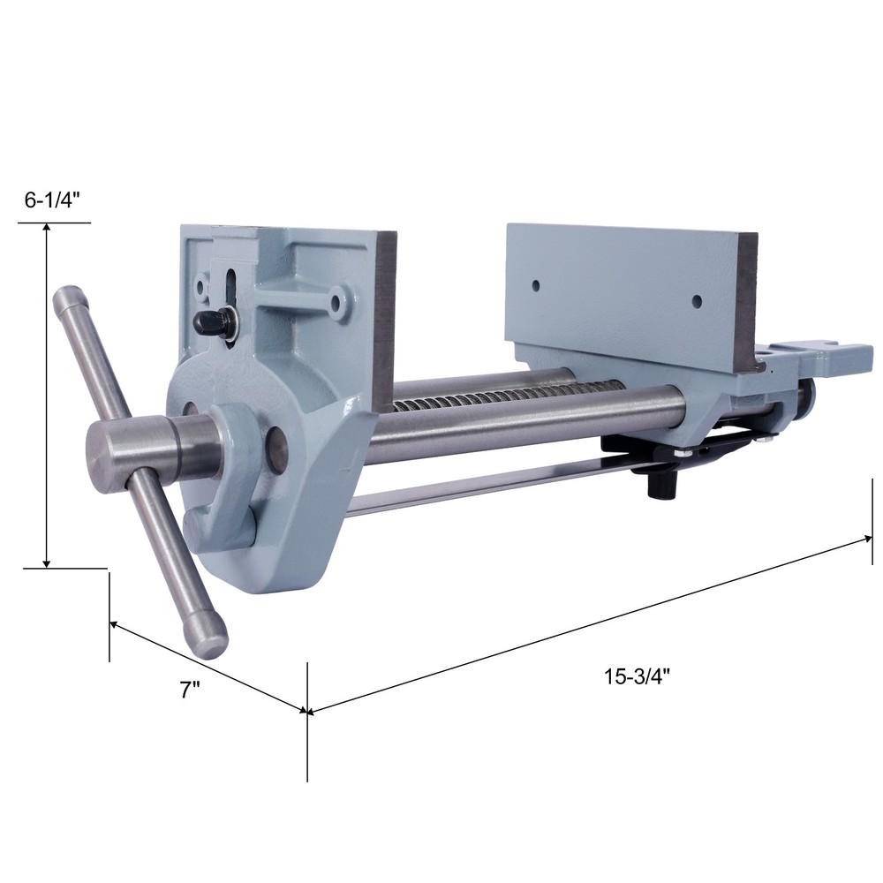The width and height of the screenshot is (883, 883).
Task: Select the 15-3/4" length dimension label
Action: (x=638, y=677)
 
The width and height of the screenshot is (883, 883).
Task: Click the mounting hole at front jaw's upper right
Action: (x=336, y=303)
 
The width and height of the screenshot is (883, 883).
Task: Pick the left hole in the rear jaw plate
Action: (x=535, y=286)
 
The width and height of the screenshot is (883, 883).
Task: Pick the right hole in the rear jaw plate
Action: (x=697, y=301)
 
